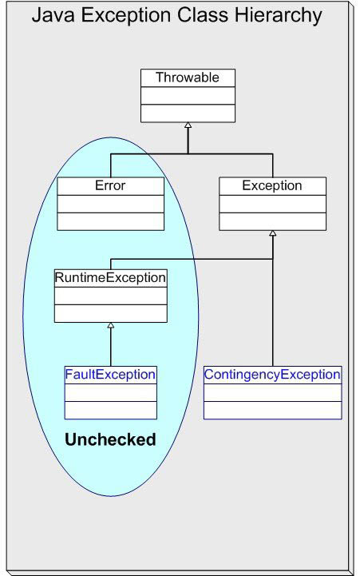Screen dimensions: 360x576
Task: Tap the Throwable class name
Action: click(x=188, y=77)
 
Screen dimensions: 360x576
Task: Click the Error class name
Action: click(x=110, y=185)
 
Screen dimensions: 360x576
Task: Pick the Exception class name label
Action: click(x=272, y=185)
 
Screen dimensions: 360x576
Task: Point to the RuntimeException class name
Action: click(x=110, y=277)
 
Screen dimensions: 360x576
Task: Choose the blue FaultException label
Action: click(x=110, y=375)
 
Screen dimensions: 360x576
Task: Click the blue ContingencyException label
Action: click(x=272, y=375)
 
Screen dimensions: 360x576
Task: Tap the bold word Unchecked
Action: click(x=110, y=439)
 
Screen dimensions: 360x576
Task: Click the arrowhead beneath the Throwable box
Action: click(x=188, y=125)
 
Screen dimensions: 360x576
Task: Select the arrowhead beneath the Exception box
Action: click(x=273, y=233)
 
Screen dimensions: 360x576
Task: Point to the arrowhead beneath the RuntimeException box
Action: click(x=111, y=325)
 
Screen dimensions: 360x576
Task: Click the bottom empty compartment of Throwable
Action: click(x=188, y=113)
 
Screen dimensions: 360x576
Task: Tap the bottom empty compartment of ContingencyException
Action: click(x=273, y=410)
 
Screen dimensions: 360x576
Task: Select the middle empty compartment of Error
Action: click(x=110, y=204)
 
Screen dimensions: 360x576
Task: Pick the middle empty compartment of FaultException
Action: click(x=111, y=393)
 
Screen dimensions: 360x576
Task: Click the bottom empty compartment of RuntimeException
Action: click(x=111, y=313)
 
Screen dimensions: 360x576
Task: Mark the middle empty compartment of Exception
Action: click(x=273, y=204)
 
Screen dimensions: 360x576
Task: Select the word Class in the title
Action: click(x=203, y=15)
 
